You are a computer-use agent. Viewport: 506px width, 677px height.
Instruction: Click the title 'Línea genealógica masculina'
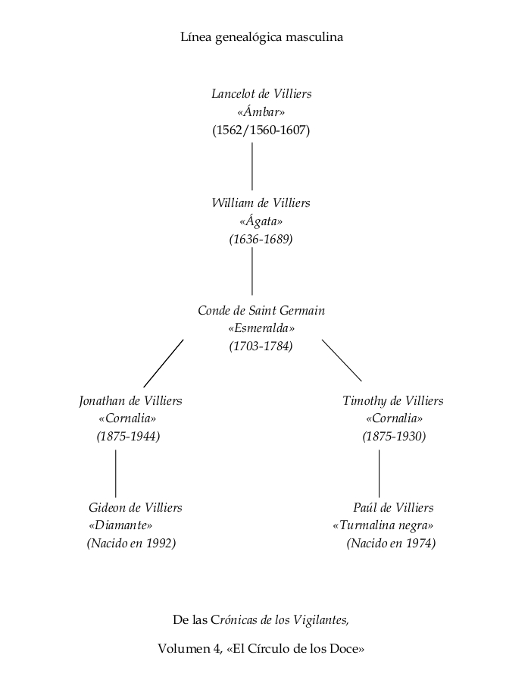[261, 37]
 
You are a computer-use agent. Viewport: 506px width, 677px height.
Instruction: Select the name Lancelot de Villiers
[261, 94]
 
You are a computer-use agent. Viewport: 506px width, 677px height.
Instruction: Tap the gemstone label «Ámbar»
[261, 112]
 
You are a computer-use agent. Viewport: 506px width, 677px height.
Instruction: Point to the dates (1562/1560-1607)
[261, 130]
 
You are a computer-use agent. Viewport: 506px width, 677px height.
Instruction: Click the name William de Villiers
[261, 203]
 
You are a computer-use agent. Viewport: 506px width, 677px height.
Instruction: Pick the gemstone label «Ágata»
[261, 221]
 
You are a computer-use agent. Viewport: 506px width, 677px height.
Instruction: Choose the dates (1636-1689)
[261, 240]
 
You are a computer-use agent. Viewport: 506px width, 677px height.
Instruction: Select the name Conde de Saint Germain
[261, 310]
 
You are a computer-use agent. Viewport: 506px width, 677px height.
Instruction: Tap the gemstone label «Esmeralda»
[261, 328]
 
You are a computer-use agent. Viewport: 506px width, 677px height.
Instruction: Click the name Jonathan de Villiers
[131, 401]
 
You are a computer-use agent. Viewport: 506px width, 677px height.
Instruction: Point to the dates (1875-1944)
[128, 437]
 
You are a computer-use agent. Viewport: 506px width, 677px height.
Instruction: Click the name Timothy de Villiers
[393, 401]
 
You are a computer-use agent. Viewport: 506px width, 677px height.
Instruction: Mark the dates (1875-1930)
[395, 437]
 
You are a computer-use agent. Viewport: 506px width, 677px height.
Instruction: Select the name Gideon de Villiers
[136, 508]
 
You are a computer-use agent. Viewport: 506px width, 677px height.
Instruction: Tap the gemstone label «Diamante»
[120, 525]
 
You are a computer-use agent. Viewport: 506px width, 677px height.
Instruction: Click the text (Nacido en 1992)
[132, 543]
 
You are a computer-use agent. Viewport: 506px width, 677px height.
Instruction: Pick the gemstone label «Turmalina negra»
[383, 525]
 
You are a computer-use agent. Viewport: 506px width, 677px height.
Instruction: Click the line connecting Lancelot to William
[252, 167]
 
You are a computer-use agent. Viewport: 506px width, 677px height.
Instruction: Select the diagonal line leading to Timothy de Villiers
[342, 361]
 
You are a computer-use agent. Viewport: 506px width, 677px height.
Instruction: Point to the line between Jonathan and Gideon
[116, 474]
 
